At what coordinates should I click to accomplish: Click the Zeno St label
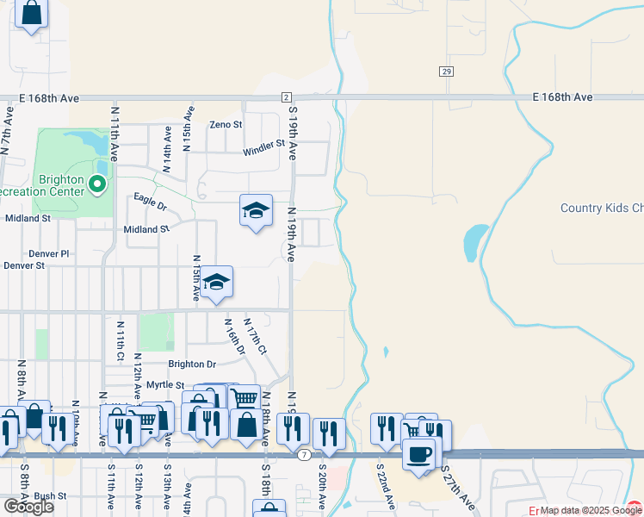[x=226, y=124]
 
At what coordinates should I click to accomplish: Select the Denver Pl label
[x=47, y=253]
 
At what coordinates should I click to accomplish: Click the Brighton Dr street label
[x=192, y=364]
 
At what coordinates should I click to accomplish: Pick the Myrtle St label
[x=165, y=384]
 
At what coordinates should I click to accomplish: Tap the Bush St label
[x=51, y=496]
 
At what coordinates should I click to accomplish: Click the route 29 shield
[x=445, y=72]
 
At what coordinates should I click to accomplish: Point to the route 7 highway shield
[x=304, y=453]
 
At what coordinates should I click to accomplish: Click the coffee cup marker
[x=419, y=454]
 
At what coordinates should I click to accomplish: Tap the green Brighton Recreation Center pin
[x=96, y=183]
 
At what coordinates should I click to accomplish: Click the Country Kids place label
[x=601, y=209]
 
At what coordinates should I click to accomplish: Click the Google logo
[x=28, y=507]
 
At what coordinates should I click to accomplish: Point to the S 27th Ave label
[x=458, y=488]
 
